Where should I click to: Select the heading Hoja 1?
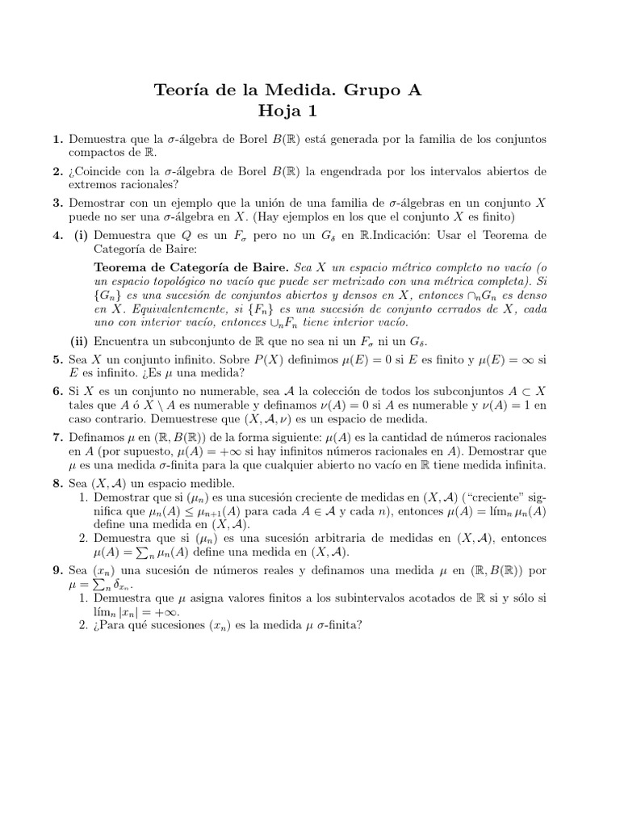pos(287,111)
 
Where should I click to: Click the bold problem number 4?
pos(57,235)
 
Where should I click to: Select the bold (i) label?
pos(82,235)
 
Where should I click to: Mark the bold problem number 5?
pos(57,359)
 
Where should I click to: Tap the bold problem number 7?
pos(57,437)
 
